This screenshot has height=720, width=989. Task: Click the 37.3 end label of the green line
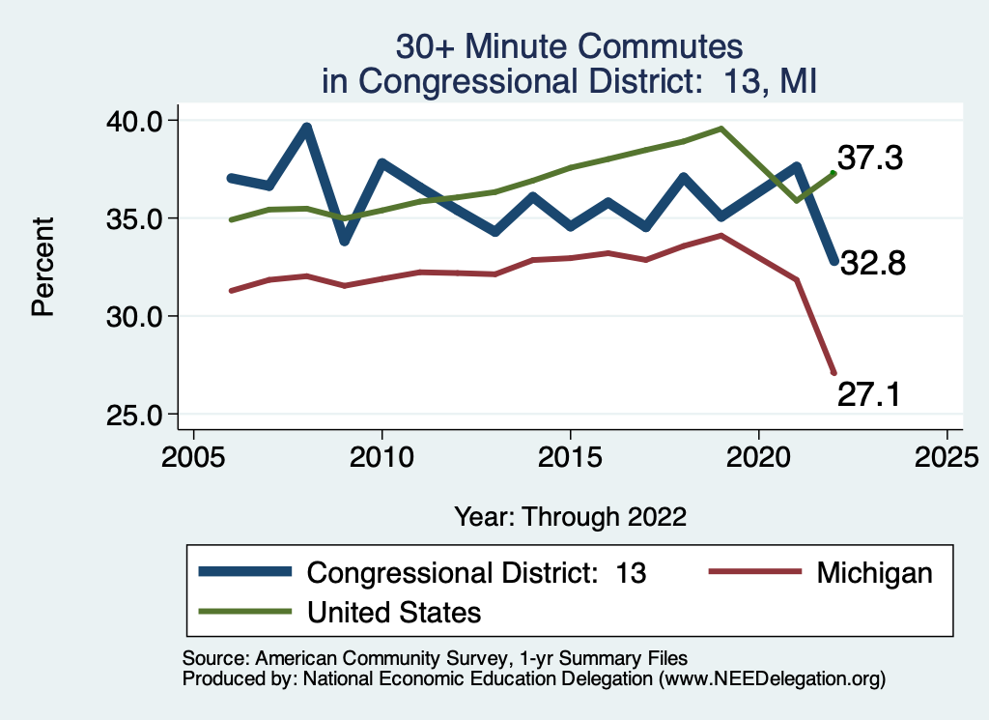[869, 158]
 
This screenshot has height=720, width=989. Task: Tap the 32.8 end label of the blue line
[871, 263]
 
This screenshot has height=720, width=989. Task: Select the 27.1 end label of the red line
[868, 394]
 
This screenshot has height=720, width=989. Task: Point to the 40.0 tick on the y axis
[138, 121]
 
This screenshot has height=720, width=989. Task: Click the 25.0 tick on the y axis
[138, 415]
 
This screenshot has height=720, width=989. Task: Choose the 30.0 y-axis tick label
[138, 317]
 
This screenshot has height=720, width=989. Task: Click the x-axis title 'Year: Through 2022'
[570, 517]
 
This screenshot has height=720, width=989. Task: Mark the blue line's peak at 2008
[306, 127]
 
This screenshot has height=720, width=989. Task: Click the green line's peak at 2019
[721, 128]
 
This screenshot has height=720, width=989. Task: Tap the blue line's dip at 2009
[344, 241]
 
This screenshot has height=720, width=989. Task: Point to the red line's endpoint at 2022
[833, 373]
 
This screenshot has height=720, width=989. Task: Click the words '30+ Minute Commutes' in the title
[570, 46]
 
